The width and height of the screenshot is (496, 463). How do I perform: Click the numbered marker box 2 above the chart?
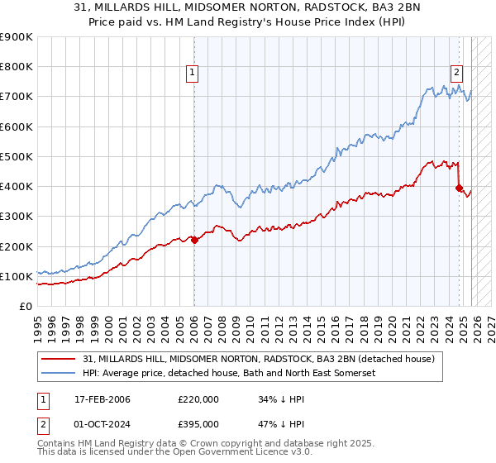455,72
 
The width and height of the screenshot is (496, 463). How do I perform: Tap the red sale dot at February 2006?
194,241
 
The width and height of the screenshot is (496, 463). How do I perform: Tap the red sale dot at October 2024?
459,188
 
